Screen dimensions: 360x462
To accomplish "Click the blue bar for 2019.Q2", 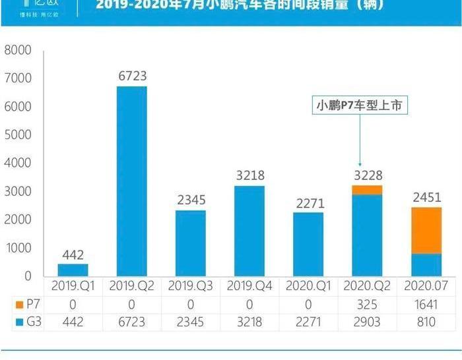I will pos(131,181).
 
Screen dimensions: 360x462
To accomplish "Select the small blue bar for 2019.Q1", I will pos(73,270).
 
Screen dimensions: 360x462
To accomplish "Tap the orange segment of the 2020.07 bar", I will pos(426,230).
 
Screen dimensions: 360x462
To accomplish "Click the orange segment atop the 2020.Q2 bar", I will pos(367,190).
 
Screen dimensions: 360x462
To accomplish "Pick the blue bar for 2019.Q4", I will pos(249,231).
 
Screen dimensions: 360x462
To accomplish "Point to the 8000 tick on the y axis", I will pos(18,50).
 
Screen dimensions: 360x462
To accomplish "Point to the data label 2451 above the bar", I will pos(426,196).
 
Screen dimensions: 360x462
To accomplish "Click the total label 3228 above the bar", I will pos(368,175).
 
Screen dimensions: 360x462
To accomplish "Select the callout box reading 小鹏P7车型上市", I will pos(360,105).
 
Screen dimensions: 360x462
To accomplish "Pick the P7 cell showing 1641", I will pos(426,305).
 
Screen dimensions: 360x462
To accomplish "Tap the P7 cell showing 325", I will pos(368,305).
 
